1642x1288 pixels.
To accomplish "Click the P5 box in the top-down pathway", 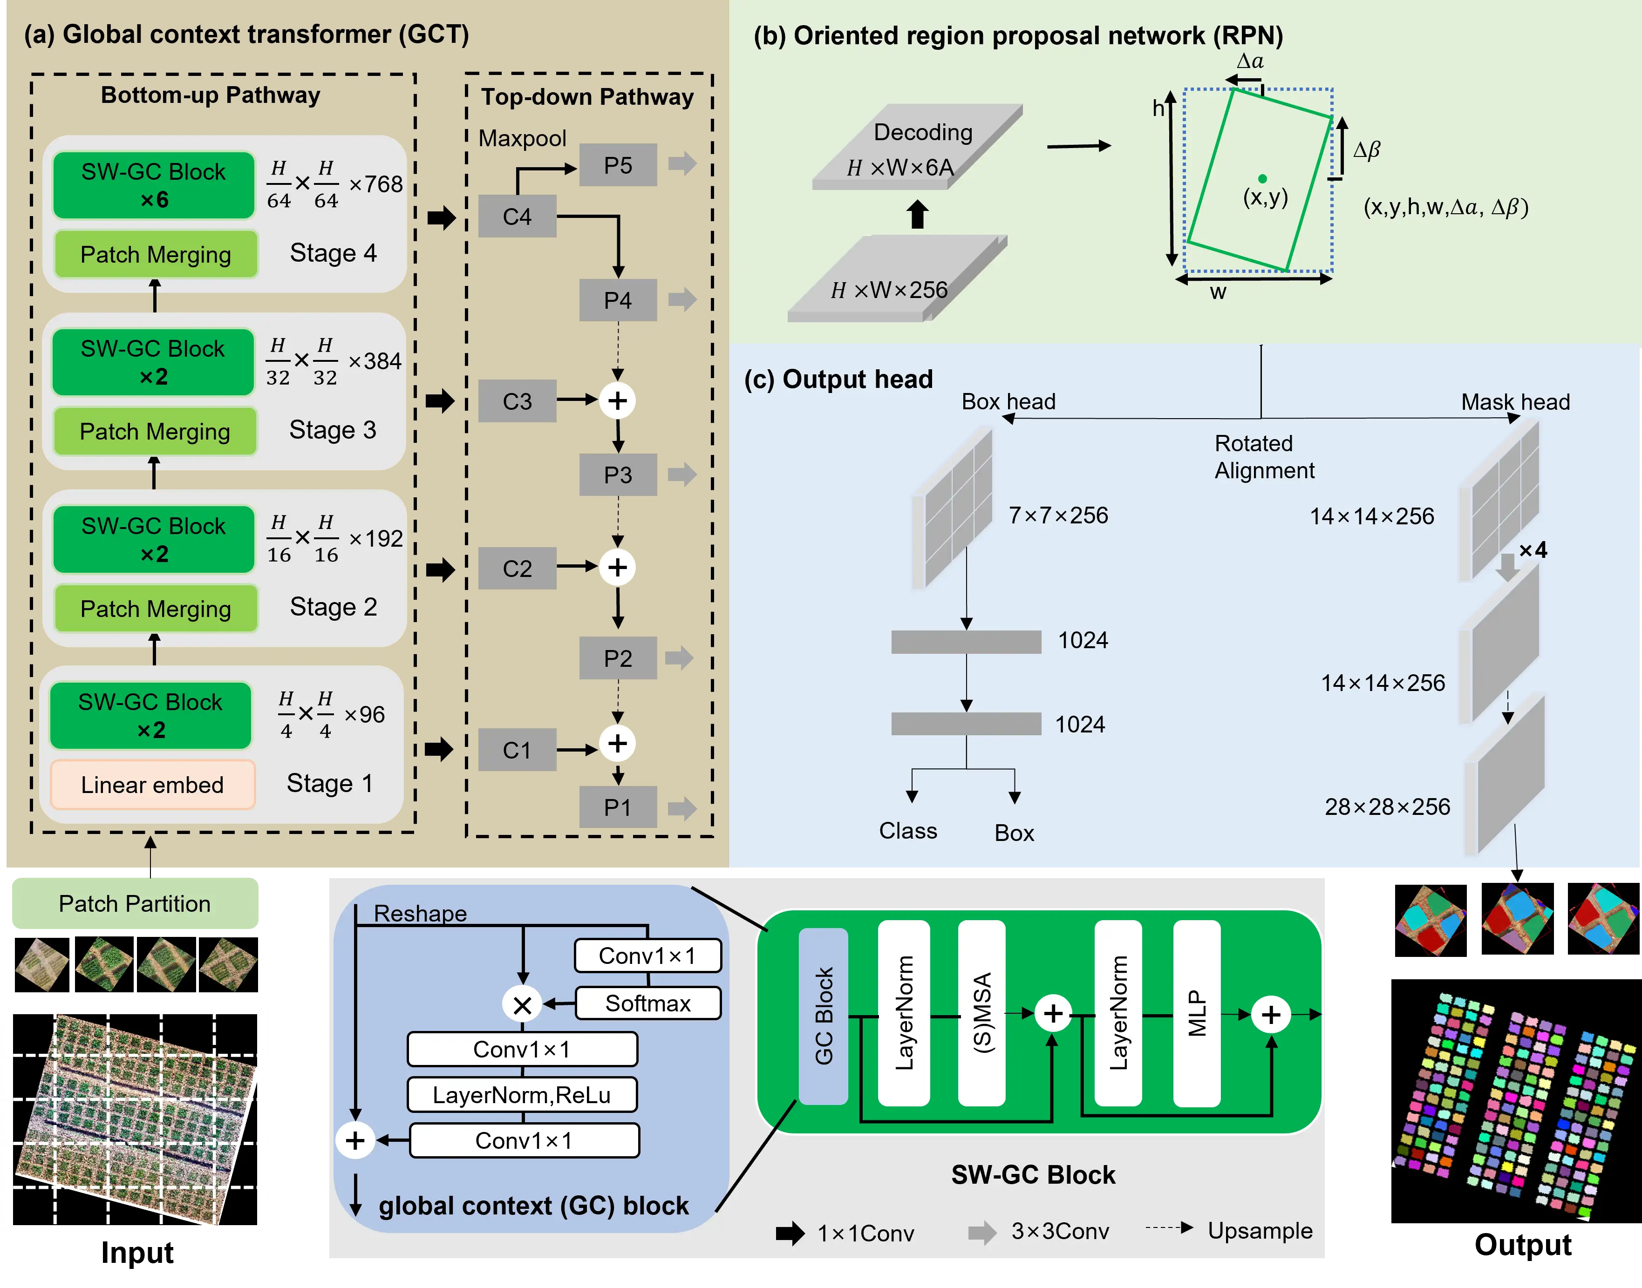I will point(617,165).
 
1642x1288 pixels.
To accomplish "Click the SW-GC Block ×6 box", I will point(153,185).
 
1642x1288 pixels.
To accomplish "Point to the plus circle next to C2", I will point(617,567).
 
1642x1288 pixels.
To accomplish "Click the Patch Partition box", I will point(135,903).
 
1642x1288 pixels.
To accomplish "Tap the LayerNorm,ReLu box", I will point(521,1094).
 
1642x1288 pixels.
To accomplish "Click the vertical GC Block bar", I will point(823,1015).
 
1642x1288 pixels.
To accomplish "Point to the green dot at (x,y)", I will point(1262,179).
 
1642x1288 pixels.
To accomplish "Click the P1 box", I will point(617,807).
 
